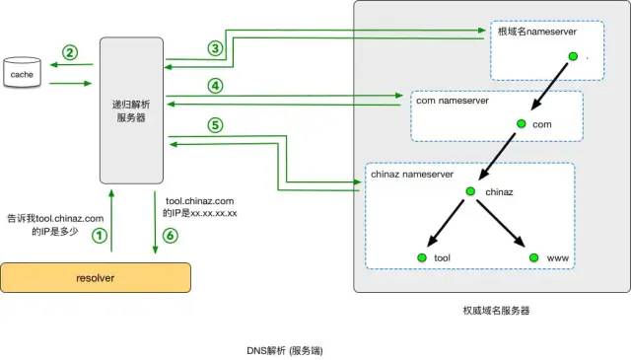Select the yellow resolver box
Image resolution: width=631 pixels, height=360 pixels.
point(95,278)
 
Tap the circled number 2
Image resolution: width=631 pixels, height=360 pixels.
point(69,52)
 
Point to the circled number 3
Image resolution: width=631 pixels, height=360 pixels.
point(215,48)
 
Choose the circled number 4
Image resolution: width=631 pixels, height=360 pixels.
point(215,86)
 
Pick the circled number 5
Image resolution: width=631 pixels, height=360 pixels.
point(215,125)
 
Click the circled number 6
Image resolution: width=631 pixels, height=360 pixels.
point(170,236)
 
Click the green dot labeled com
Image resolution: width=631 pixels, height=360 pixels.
point(520,125)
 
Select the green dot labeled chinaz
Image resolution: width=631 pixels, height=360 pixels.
point(471,190)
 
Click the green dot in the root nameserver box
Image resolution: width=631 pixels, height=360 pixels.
point(571,56)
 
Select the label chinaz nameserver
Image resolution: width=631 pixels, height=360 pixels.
point(412,174)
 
